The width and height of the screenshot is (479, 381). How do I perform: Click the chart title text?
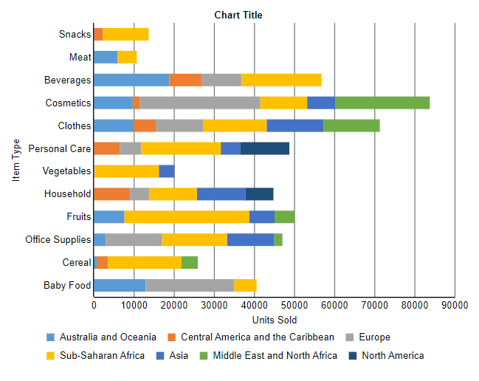238,15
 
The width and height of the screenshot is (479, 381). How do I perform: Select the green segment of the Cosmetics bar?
382,103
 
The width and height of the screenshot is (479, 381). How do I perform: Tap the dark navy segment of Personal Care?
265,148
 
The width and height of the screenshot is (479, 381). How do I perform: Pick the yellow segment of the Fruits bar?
187,216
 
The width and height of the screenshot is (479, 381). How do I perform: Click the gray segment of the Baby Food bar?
190,285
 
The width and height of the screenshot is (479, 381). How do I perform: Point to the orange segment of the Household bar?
111,194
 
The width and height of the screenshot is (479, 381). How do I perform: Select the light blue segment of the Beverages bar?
131,80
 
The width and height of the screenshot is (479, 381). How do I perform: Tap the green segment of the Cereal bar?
190,262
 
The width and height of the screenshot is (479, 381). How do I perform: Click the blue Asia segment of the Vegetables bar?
167,171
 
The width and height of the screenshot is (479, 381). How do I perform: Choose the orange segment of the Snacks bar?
98,34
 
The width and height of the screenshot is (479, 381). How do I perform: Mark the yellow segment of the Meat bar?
127,57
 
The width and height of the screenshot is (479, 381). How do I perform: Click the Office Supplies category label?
58,240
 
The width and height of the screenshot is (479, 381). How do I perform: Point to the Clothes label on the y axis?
75,126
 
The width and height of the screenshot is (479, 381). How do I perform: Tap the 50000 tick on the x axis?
294,305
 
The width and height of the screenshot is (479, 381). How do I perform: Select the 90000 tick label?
454,305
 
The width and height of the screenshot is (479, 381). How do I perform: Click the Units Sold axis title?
274,320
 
